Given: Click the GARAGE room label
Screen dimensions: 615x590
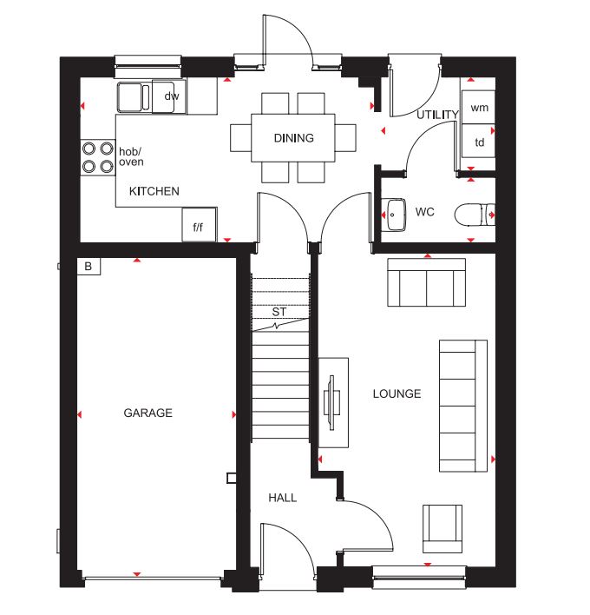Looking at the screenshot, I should [147, 413].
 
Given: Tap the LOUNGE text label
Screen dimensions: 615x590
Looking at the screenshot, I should [397, 393].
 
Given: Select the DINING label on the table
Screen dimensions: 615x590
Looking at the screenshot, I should [293, 138].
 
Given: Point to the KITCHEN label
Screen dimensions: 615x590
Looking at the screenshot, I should [154, 191].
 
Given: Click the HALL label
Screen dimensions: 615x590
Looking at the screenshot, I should [282, 498].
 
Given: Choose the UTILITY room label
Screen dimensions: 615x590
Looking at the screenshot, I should [437, 115].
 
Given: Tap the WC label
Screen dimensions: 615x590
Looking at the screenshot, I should [424, 212].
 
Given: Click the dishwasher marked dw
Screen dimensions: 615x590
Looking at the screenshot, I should [172, 96].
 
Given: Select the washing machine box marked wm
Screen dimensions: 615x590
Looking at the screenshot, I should [478, 108].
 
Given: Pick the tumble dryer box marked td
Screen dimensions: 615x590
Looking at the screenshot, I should [478, 142].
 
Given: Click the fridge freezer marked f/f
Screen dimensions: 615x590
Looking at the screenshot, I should [199, 227].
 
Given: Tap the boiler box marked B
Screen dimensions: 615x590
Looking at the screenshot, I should [88, 267].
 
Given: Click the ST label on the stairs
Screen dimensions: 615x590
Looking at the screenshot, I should [279, 311].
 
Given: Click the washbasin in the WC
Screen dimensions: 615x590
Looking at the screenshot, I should [394, 214].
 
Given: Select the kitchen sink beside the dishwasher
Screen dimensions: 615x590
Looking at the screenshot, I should [134, 96].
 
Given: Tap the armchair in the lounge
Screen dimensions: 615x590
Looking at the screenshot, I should [442, 528].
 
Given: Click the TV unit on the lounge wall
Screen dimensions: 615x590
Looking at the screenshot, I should [333, 402].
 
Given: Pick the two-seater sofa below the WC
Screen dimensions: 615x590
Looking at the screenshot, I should [425, 282].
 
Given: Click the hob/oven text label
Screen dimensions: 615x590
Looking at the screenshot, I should [131, 156].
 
